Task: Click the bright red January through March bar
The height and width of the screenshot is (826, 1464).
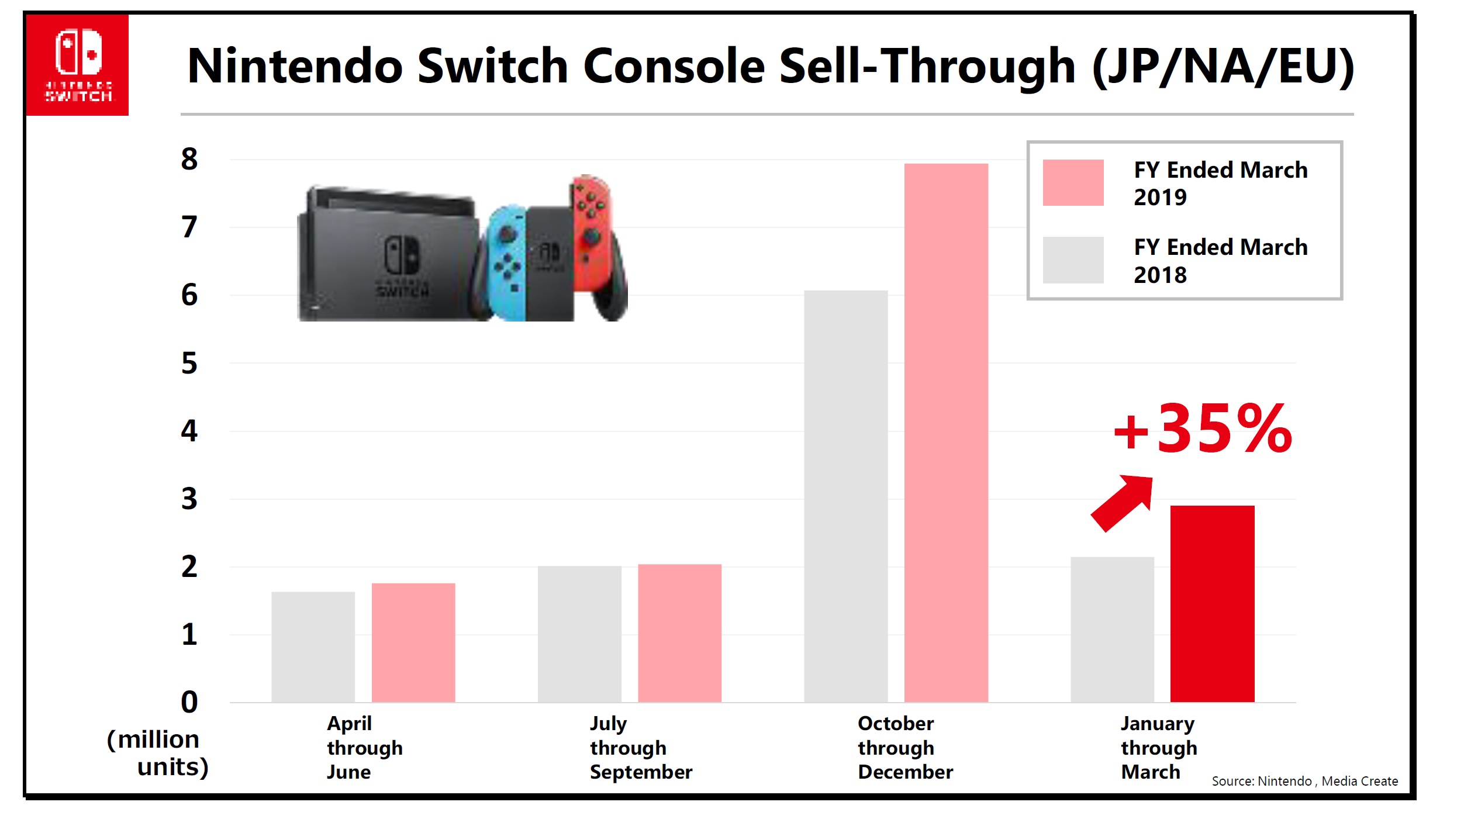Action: [1212, 603]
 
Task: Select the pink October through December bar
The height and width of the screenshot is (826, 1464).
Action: [945, 433]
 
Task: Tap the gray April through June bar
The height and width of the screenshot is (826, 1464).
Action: [313, 647]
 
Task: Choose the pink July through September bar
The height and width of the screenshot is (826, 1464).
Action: [679, 633]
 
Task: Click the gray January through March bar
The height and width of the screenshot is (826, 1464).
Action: [1112, 629]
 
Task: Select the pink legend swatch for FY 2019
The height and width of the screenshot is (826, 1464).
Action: [1073, 182]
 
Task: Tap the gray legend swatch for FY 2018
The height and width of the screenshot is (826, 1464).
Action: [1073, 260]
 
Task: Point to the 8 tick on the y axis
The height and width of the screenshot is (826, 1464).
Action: [189, 159]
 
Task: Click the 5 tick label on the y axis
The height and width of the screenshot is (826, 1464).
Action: [189, 363]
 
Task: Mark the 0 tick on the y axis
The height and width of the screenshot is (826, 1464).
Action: [189, 701]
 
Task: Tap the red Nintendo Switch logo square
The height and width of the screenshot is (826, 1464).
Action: [78, 65]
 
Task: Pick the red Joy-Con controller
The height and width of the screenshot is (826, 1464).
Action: [592, 234]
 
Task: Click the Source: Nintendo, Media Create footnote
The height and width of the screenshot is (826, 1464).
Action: [1304, 781]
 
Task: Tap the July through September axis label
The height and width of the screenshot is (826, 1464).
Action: [640, 748]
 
